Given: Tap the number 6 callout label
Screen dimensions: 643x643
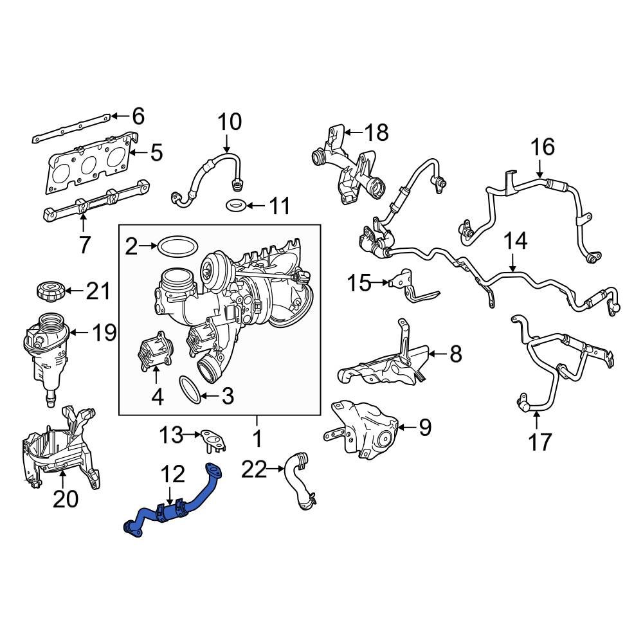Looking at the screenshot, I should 138,116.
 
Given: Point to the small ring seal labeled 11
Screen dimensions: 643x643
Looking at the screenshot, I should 236,206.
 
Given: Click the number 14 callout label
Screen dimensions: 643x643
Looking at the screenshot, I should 514,242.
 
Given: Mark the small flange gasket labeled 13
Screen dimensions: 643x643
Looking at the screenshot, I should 210,439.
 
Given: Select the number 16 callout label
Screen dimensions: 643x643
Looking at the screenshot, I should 542,147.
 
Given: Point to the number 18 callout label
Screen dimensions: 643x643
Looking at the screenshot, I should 376,132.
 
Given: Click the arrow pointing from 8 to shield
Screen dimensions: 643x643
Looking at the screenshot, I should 437,353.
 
